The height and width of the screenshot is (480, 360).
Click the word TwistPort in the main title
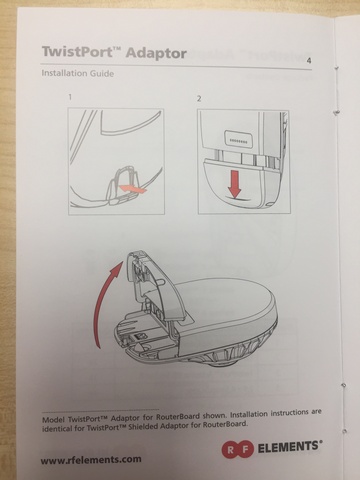(77, 52)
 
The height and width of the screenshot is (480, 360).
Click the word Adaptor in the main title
(156, 53)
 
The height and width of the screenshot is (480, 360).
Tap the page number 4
(309, 61)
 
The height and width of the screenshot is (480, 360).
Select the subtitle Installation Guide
(78, 73)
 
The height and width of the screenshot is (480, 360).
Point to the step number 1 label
(70, 97)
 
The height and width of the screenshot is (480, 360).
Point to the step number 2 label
(199, 99)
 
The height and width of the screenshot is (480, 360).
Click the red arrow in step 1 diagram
(133, 189)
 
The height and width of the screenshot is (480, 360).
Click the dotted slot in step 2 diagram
(237, 139)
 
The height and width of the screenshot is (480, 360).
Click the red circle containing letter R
(230, 450)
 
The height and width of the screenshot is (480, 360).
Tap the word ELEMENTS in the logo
(290, 448)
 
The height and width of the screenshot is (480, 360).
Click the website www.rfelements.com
(91, 460)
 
